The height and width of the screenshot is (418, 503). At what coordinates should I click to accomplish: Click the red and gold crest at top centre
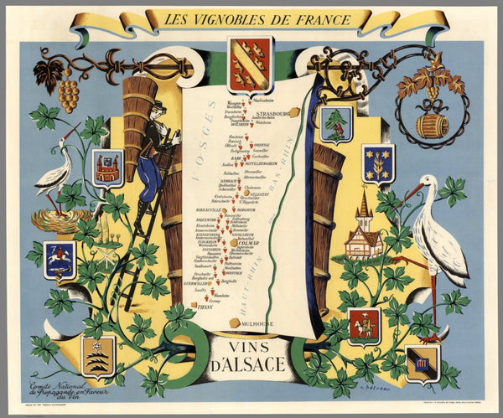tap(250, 64)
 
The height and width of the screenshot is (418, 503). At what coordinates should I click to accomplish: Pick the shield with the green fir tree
tap(337, 125)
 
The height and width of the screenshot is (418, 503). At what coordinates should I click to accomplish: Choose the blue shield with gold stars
tap(378, 162)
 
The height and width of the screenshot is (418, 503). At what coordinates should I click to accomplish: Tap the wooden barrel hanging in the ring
tap(433, 125)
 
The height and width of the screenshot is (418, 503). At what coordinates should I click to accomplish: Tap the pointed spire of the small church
tap(364, 199)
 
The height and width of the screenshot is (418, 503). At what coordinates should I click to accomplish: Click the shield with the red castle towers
tap(107, 168)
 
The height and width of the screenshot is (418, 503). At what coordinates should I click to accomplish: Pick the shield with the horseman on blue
tap(60, 258)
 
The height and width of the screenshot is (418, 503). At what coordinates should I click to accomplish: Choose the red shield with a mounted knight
tap(364, 325)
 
